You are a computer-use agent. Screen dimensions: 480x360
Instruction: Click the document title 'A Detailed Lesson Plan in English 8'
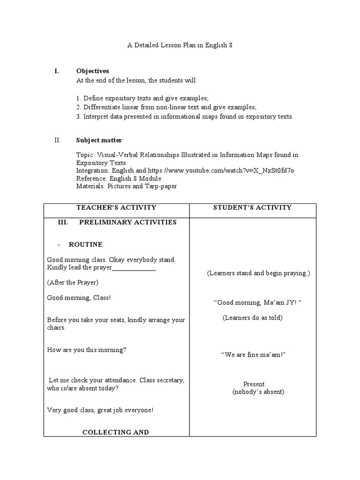180,46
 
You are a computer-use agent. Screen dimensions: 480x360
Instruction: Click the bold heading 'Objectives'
92,71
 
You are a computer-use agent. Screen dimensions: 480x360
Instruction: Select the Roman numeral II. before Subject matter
58,140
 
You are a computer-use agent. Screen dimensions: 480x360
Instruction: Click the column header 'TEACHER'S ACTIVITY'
116,208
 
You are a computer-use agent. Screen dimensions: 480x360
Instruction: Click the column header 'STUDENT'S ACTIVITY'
252,208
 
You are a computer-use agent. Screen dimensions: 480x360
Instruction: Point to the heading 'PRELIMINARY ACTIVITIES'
127,222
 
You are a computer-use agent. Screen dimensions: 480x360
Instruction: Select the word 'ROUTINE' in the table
85,245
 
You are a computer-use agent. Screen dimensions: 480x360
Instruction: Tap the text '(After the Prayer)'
73,283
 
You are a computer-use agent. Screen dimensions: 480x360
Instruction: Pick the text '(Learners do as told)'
252,318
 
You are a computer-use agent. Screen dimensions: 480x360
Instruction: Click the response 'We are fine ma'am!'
253,355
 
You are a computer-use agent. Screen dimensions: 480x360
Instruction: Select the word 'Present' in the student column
254,384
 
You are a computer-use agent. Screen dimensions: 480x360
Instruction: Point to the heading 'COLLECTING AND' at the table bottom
115,432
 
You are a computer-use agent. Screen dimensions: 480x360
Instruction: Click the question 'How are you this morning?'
87,350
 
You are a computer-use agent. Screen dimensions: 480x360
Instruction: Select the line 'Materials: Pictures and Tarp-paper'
126,186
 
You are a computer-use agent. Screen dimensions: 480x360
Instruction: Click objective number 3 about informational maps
184,117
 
